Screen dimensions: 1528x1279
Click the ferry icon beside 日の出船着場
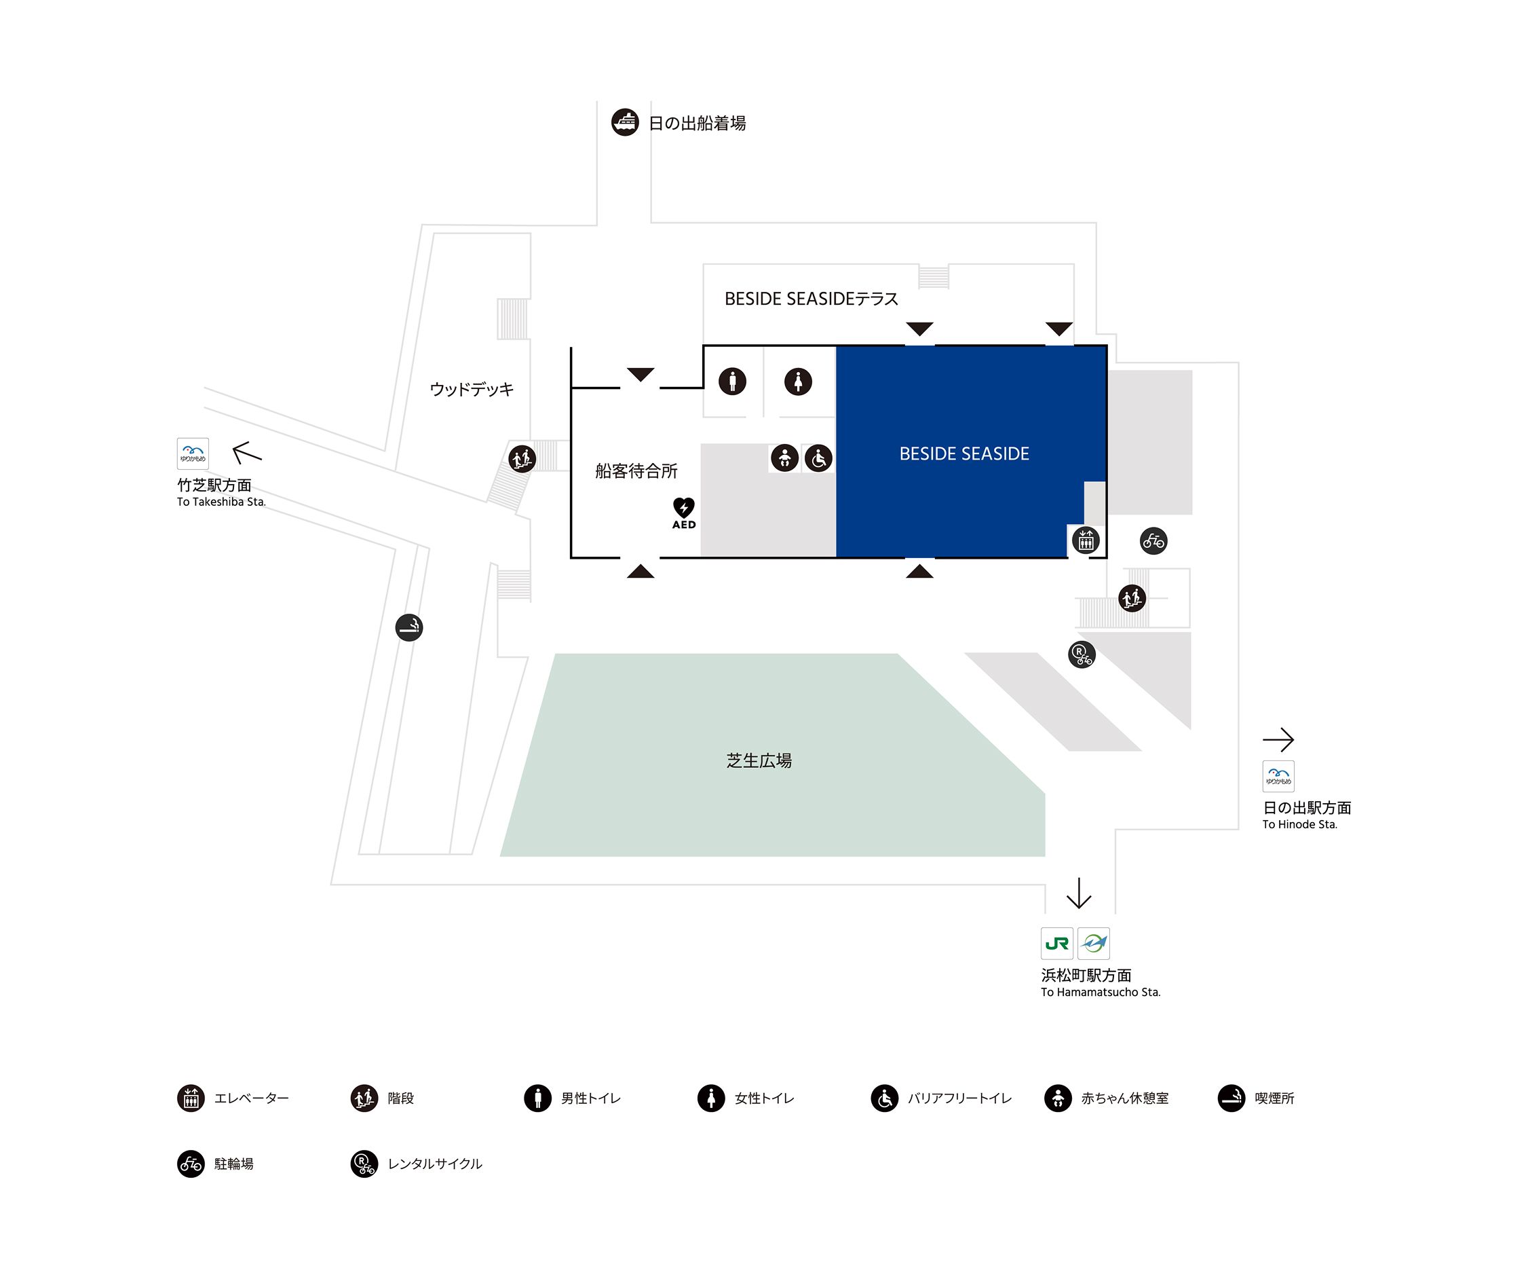click(624, 122)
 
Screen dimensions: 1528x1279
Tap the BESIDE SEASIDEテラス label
click(811, 299)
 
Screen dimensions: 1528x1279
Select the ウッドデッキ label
click(472, 390)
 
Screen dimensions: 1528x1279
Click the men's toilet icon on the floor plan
click(732, 381)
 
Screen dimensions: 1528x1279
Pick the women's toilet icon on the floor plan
click(797, 381)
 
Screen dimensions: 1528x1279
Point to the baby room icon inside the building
click(784, 458)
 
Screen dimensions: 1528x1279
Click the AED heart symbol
click(684, 507)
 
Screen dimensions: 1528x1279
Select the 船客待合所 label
click(636, 471)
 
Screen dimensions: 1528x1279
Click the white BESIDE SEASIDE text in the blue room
click(964, 453)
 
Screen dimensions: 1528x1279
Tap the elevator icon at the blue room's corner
click(1086, 541)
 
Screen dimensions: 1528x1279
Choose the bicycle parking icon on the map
click(1153, 541)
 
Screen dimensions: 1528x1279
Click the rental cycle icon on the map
click(1082, 654)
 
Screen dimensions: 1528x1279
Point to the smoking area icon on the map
click(409, 627)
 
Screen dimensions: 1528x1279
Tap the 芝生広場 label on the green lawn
click(759, 761)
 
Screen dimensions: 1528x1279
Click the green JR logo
click(1056, 944)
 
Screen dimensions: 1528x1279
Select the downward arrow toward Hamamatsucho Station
click(1078, 893)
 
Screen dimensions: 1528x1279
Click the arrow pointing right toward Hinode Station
click(1278, 739)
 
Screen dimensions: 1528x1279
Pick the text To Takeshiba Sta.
click(221, 502)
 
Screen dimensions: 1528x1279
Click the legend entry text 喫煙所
click(1274, 1098)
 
